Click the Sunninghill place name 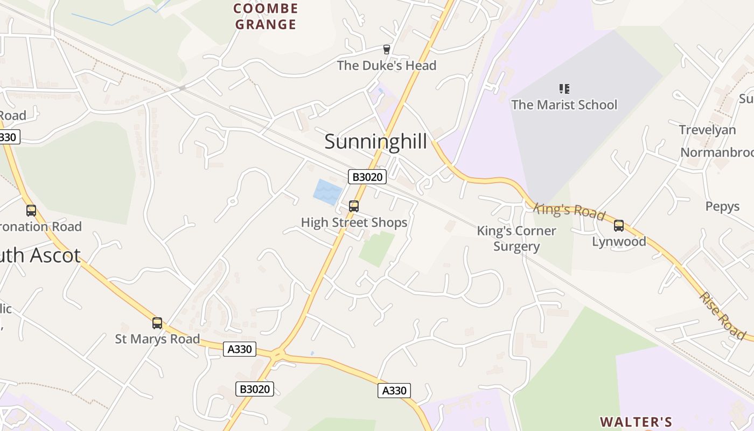(375, 142)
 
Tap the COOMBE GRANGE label (266, 17)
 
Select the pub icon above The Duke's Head (386, 50)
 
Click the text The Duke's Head (386, 66)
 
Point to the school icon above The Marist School (564, 88)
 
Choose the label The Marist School (564, 105)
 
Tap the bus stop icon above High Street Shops (354, 206)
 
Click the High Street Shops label (354, 223)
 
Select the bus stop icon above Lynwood (619, 226)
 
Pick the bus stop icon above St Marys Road (157, 323)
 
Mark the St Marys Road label (157, 339)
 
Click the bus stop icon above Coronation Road (31, 211)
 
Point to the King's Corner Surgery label (516, 239)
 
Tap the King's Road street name (569, 211)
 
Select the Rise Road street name (722, 315)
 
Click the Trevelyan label (707, 130)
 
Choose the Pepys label (722, 206)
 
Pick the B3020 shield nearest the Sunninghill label (367, 177)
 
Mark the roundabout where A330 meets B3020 (277, 354)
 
